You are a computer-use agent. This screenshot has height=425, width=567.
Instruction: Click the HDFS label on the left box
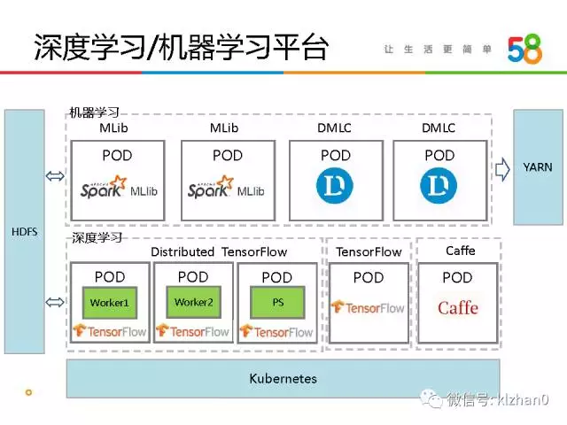[x=25, y=232]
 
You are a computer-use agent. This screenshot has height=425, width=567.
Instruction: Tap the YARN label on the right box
[x=537, y=166]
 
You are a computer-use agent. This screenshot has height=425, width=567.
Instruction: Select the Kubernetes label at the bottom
[x=283, y=378]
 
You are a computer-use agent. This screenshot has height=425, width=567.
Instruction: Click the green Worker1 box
[x=109, y=303]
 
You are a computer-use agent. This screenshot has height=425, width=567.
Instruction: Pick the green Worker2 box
[x=194, y=303]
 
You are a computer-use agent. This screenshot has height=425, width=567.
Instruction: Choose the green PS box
[x=277, y=303]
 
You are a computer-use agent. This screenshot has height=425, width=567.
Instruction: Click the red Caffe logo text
[x=458, y=308]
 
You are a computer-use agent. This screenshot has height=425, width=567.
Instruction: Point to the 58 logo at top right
[x=524, y=50]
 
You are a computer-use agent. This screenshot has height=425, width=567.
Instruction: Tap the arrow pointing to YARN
[x=502, y=167]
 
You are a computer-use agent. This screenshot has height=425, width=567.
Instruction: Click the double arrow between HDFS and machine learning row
[x=55, y=176]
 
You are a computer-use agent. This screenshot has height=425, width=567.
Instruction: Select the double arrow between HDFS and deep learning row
[x=55, y=303]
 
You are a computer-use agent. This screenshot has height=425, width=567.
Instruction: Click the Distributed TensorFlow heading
[x=219, y=251]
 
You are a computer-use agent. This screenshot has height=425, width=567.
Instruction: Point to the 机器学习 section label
[x=94, y=112]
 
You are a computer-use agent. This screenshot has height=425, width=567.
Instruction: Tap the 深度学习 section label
[x=95, y=237]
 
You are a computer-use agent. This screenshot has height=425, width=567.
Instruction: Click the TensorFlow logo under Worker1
[x=109, y=331]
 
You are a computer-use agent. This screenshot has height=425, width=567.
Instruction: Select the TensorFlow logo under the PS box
[x=277, y=331]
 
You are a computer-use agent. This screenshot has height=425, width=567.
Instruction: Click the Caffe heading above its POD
[x=460, y=251]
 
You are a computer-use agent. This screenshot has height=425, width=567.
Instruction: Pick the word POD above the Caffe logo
[x=457, y=277]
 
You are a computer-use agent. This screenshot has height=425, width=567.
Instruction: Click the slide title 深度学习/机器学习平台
[x=181, y=46]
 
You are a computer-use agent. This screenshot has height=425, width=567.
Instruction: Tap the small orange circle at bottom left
[x=28, y=391]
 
